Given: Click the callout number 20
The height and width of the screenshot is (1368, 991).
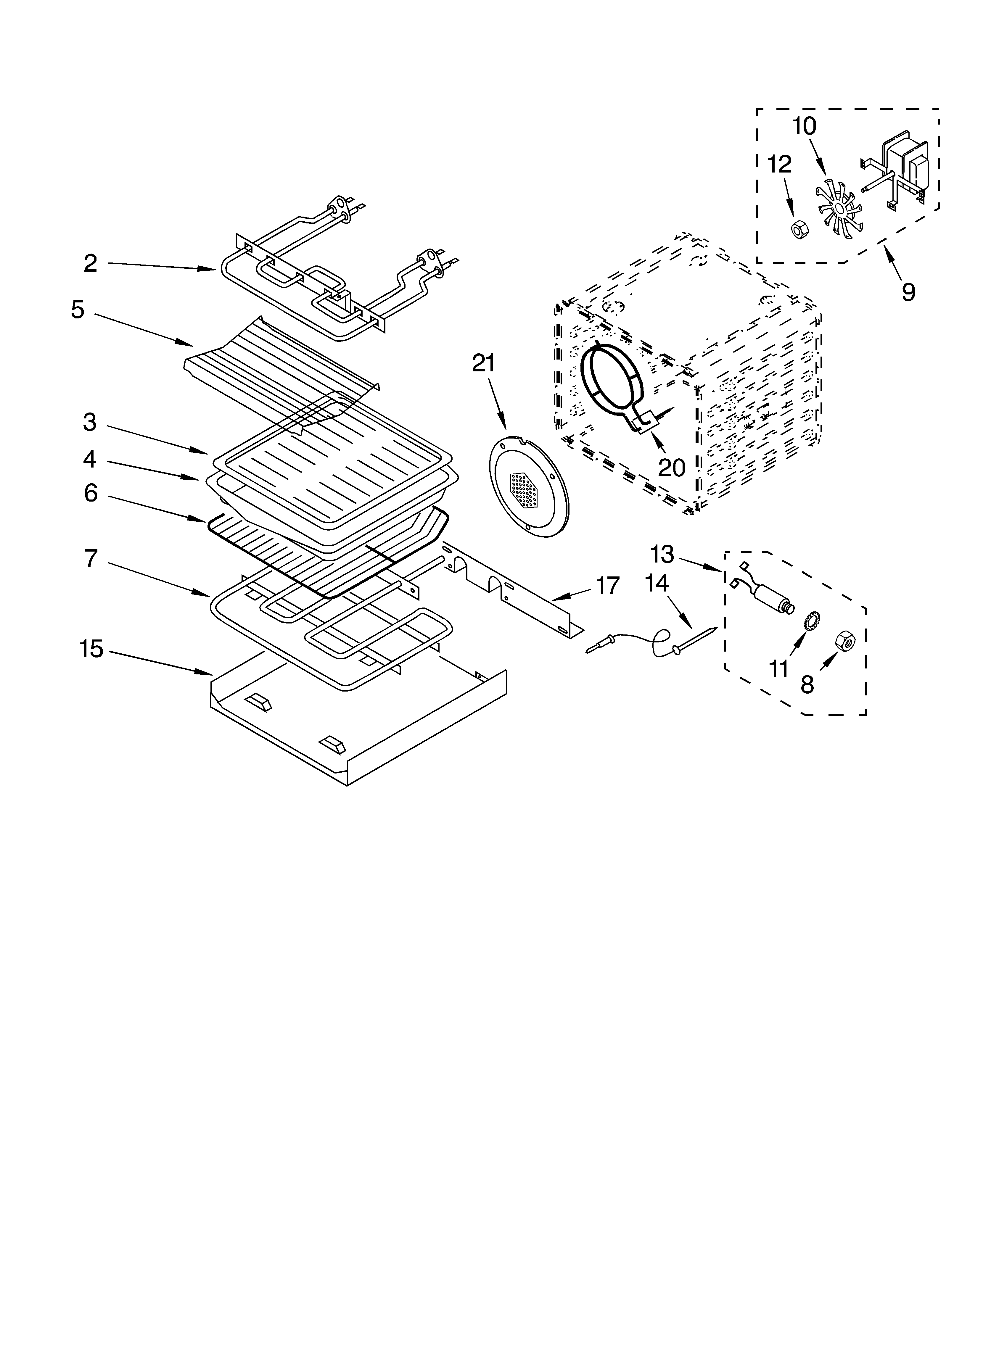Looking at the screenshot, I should [671, 468].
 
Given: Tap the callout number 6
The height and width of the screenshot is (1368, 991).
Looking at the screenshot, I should [91, 493].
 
